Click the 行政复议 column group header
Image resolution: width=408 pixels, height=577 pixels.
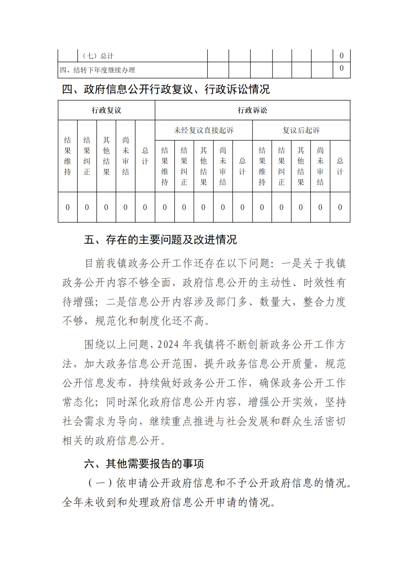[x=106, y=110]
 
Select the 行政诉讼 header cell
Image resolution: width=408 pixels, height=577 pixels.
[x=252, y=110]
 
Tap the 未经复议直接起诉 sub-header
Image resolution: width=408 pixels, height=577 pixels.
[x=204, y=130]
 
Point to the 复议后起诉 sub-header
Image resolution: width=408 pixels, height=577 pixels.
[x=301, y=130]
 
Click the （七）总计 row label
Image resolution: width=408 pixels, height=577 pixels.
[x=98, y=56]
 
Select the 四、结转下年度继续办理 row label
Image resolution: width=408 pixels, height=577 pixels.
[x=98, y=70]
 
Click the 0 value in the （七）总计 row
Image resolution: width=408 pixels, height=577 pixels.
[x=341, y=55]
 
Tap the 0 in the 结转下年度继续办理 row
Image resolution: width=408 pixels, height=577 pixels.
[x=341, y=68]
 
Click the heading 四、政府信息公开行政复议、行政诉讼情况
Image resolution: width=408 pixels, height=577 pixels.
[x=166, y=89]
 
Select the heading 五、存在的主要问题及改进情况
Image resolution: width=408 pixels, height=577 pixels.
[x=160, y=240]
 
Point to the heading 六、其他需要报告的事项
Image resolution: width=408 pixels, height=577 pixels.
[x=144, y=464]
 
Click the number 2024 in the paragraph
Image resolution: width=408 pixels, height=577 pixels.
[x=168, y=345]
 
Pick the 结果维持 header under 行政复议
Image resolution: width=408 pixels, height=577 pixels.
[x=68, y=156]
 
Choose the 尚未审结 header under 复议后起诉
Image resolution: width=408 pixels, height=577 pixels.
[x=320, y=166]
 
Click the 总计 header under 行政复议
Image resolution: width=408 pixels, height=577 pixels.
[x=145, y=156]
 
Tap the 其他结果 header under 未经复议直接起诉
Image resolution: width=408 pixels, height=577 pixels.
[x=204, y=166]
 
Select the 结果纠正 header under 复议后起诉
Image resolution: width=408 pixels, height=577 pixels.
[x=282, y=166]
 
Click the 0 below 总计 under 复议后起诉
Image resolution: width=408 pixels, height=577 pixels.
[x=340, y=207]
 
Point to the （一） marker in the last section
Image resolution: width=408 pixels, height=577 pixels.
[x=100, y=483]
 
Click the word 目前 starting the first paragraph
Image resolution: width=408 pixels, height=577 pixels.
[x=95, y=264]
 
